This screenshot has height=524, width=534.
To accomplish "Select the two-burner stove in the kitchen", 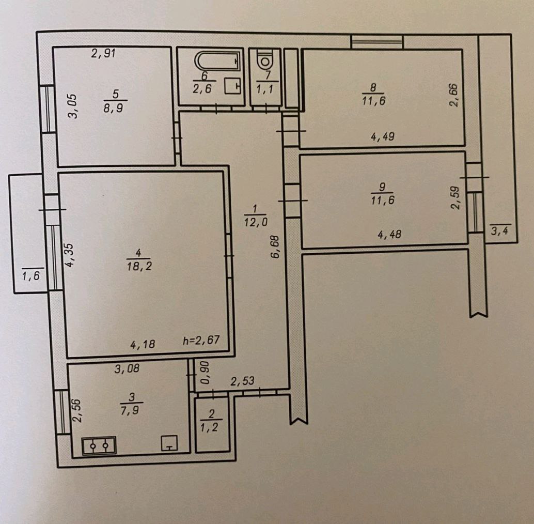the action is (x=99, y=445).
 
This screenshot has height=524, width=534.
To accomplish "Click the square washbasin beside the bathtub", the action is (x=232, y=86).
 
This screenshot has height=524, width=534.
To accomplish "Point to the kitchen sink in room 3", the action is (x=169, y=442).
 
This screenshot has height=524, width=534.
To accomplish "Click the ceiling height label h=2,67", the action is (x=201, y=340).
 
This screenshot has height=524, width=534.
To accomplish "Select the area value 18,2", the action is (x=139, y=266).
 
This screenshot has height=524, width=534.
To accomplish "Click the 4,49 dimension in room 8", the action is (x=383, y=136).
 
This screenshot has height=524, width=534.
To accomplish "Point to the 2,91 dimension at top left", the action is (x=103, y=53).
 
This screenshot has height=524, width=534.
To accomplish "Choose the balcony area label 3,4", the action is (x=499, y=231).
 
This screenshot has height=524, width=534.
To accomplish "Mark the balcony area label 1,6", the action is (x=31, y=275).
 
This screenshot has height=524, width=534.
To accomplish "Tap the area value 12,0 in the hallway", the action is (x=256, y=222).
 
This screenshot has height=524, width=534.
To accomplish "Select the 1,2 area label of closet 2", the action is (x=209, y=427).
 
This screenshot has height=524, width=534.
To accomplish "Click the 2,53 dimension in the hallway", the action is (x=242, y=380).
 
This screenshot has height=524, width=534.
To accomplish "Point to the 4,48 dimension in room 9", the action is (x=389, y=234).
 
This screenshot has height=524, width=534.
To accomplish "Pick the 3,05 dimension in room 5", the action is (x=72, y=106).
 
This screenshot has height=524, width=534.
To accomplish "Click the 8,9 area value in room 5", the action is (x=114, y=109).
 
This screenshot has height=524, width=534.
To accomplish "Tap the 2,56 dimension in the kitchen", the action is (x=77, y=410).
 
